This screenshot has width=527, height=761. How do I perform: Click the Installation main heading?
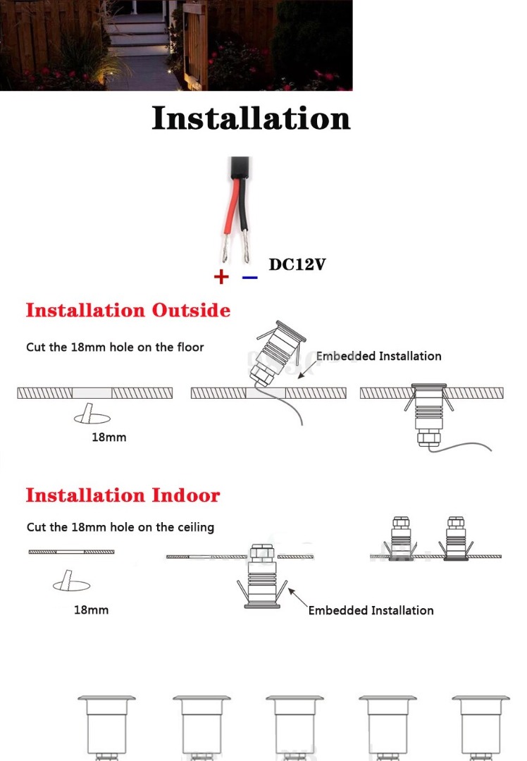[x=251, y=118]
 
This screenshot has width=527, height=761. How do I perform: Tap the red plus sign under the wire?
[x=221, y=277]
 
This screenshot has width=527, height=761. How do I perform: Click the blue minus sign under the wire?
[x=249, y=277]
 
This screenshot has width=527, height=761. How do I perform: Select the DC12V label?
[x=297, y=265]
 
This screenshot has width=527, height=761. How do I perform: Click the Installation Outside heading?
[x=128, y=310]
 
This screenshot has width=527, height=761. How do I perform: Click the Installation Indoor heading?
[x=123, y=495]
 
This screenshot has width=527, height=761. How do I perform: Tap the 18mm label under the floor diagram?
[x=109, y=437]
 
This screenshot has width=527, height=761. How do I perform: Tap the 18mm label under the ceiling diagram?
[x=92, y=610]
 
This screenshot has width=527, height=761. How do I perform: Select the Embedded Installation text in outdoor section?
[x=378, y=356]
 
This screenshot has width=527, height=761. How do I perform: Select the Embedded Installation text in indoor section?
[x=371, y=610]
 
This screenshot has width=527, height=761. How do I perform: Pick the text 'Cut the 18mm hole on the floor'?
[x=115, y=347]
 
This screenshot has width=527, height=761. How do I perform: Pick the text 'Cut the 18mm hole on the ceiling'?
[x=120, y=527]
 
